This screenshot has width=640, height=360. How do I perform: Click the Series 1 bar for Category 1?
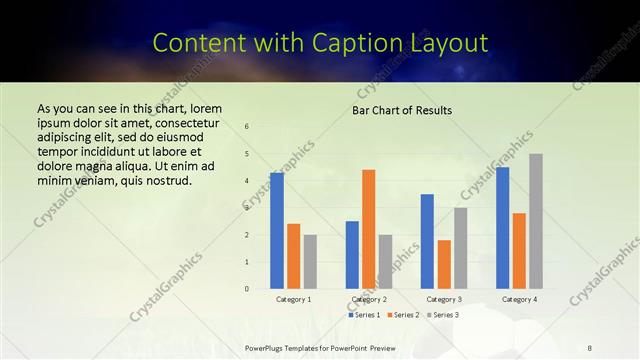pos(277,231)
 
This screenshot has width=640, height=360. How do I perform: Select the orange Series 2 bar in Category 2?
pos(369,229)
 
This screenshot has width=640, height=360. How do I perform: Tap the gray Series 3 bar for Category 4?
pos(536,221)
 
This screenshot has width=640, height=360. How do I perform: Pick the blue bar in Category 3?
pos(427,241)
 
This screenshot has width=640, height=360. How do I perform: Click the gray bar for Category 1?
pos(310,262)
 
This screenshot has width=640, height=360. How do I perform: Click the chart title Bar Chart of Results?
pos(402,110)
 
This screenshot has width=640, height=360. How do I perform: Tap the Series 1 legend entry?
pos(364,315)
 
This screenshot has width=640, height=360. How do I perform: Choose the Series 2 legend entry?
pos(403,315)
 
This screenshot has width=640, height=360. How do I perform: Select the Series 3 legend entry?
pos(442,315)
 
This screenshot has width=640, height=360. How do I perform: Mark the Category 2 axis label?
pos(369,299)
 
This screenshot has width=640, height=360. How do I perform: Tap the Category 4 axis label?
pos(519,299)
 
